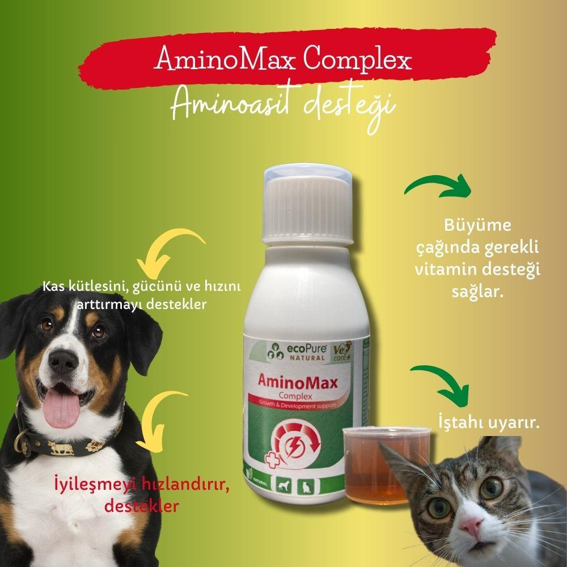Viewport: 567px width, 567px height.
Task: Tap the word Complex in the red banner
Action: [x=357, y=60]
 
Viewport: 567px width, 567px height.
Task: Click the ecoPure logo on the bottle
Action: [x=297, y=352]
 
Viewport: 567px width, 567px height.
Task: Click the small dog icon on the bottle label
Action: [x=283, y=486]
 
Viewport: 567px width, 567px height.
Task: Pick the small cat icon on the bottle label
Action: [x=306, y=486]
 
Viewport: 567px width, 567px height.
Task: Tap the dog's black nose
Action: [x=63, y=362]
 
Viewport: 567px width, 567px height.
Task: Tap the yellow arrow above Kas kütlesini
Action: [x=166, y=253]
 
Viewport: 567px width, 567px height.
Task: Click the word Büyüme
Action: [x=477, y=225]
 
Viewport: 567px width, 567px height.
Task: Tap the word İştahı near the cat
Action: [x=458, y=423]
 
